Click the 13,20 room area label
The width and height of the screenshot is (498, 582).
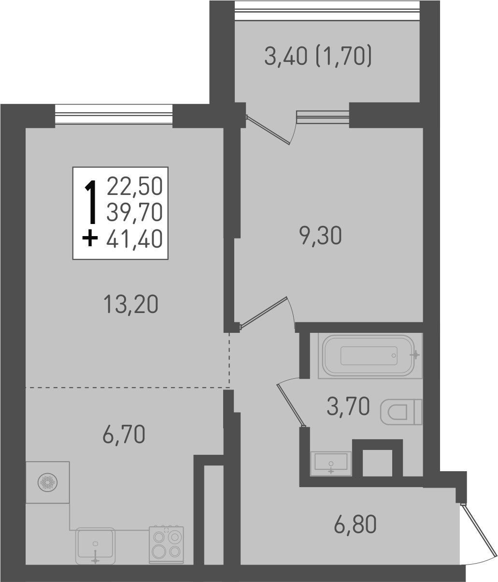pos(130,305)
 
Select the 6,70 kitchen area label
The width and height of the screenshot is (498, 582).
pos(124,434)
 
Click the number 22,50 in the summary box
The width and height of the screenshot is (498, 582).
pos(135,185)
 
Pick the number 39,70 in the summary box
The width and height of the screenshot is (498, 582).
pos(135,211)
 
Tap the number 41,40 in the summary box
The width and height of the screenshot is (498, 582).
pos(135,239)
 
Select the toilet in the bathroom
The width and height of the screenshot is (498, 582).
pos(401,412)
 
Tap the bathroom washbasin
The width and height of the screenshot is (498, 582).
pos(331,463)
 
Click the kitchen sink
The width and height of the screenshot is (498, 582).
pos(95,545)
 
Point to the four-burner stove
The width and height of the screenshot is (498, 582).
pos(166,544)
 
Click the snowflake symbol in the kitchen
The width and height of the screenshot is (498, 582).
pos(48,482)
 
